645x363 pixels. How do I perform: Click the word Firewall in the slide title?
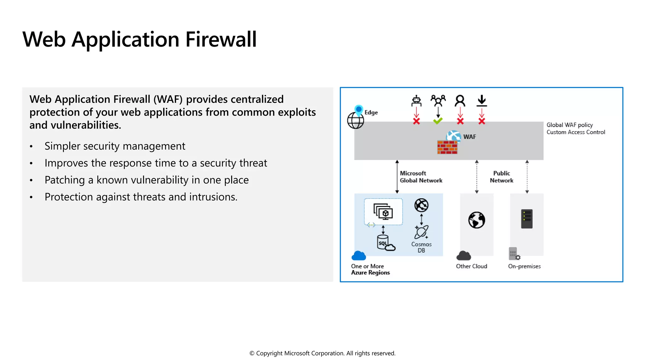point(221,40)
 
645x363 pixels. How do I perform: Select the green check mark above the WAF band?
point(438,121)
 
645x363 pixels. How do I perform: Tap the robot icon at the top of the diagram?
point(416,101)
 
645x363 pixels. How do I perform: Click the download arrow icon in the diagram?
point(482,101)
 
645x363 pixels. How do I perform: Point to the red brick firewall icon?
point(447,147)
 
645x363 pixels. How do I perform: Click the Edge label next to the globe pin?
point(371,112)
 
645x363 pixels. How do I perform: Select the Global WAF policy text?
point(569,125)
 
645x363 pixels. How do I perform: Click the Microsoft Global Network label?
point(421,177)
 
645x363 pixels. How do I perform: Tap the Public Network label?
point(501,177)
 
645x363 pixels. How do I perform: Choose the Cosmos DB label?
point(421,247)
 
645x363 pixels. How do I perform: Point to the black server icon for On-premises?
point(527,219)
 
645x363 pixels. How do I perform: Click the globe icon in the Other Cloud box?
point(477,220)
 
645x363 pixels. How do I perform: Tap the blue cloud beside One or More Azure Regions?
point(359,256)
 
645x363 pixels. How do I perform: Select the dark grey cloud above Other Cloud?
point(464,256)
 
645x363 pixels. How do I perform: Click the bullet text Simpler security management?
point(115,146)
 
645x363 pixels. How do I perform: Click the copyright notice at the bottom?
point(322,353)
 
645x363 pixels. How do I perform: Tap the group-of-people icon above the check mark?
point(438,101)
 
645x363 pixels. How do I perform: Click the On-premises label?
point(524,266)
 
